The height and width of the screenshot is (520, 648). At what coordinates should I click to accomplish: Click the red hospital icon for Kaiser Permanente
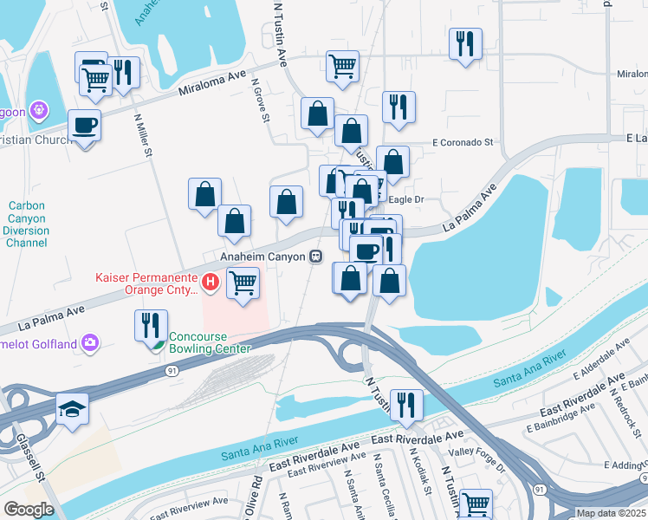210,282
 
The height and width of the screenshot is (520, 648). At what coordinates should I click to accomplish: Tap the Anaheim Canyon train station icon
317,257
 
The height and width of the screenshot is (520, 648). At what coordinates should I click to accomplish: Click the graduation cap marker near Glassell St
72,409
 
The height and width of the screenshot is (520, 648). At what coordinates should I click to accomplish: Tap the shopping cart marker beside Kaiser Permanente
243,283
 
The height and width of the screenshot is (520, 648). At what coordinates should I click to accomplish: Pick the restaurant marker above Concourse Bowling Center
151,326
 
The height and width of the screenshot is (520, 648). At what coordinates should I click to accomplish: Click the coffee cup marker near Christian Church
84,125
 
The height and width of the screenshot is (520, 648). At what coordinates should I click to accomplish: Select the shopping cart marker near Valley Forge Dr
476,503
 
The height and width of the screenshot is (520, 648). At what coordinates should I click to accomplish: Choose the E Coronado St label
463,141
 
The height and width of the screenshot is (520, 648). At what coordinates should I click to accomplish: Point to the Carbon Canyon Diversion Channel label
27,224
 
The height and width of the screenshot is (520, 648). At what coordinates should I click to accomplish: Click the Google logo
28,509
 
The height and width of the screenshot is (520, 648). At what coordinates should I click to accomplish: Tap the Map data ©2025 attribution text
610,513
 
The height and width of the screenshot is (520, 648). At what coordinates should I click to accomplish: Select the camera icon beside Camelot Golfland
91,343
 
